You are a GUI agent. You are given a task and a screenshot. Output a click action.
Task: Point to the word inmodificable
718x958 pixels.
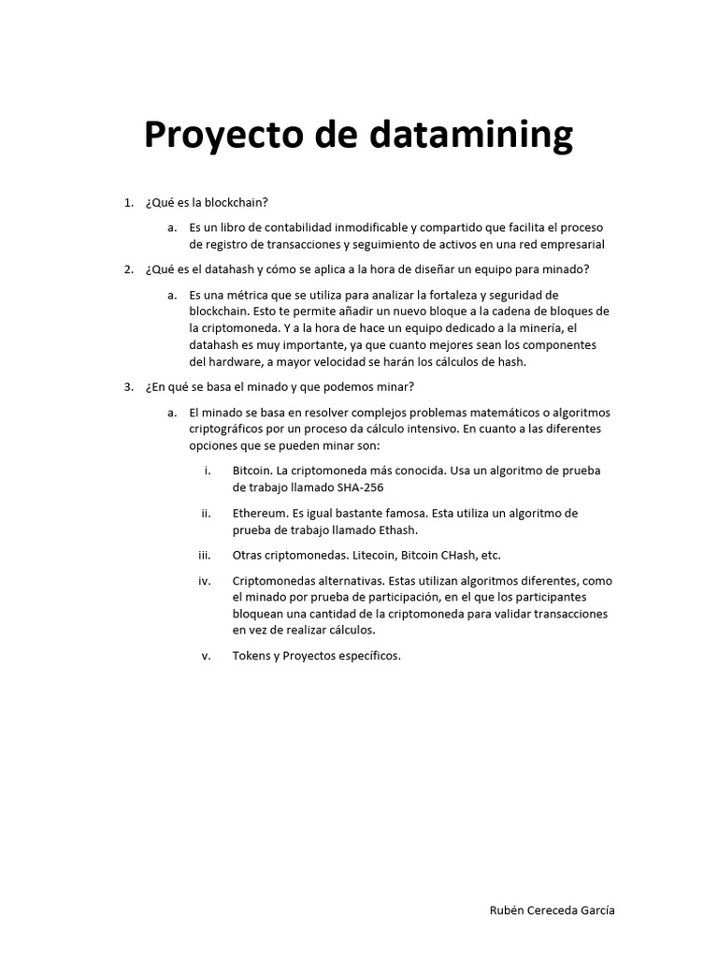point(360,227)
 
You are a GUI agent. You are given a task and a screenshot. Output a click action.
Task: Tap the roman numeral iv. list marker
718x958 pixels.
point(205,581)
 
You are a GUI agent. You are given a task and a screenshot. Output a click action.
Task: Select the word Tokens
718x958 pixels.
point(251,656)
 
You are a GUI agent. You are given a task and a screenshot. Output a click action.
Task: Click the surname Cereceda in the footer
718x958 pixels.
point(557,910)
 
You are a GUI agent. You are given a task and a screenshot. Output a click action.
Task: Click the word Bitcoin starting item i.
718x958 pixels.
point(252,472)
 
